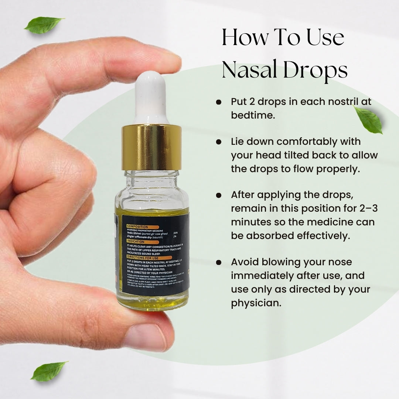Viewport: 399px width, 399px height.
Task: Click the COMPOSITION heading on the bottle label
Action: [137, 226]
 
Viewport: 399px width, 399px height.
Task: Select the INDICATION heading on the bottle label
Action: [136, 241]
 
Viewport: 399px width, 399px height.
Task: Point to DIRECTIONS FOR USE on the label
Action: [142, 256]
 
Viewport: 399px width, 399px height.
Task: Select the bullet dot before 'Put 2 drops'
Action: [219, 102]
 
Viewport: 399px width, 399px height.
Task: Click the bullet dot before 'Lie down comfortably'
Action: [219, 141]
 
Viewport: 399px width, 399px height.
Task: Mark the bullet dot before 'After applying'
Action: [219, 195]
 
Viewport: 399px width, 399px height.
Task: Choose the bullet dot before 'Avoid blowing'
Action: [219, 262]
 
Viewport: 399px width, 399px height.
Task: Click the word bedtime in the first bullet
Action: [253, 115]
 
